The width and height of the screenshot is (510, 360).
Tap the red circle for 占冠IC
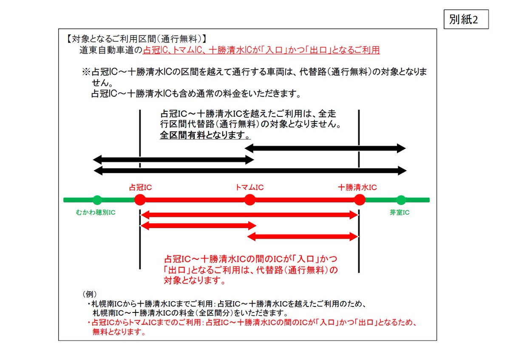tap(140, 200)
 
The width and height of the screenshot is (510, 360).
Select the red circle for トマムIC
tap(250, 200)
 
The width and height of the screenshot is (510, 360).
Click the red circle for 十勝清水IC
tap(360, 200)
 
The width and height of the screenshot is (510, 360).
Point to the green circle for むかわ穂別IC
tap(97, 200)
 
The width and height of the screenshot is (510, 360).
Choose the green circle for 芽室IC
tap(401, 200)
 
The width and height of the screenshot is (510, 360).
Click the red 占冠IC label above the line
tap(140, 187)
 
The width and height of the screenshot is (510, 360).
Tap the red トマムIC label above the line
tap(250, 187)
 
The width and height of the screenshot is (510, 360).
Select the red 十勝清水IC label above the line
tap(357, 187)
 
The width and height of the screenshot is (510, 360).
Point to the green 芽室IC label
tap(399, 212)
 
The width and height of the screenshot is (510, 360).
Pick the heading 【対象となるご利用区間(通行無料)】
tap(136, 39)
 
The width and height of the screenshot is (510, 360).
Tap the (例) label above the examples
tap(89, 294)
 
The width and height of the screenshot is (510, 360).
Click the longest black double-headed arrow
tap(250, 171)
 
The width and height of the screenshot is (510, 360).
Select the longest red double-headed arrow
tap(250, 215)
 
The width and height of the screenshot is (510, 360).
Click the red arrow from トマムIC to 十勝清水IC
tap(303, 236)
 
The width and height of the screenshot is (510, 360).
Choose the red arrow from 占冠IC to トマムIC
tap(198, 226)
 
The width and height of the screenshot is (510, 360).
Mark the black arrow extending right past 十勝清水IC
tap(325, 148)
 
